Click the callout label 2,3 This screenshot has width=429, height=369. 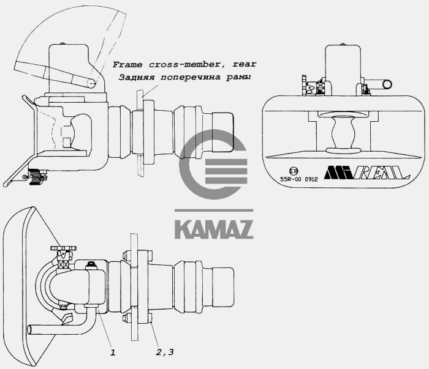click(164, 352)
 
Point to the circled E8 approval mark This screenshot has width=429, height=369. click(294, 171)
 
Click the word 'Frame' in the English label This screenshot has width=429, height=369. click(126, 64)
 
